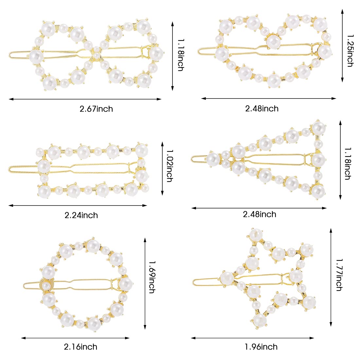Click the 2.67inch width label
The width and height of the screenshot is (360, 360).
click(96, 109)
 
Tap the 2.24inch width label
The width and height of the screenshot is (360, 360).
click(81, 215)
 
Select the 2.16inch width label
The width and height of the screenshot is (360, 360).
click(81, 347)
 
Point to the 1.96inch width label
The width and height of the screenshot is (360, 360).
click(261, 347)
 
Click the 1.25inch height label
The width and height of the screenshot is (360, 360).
click(350, 51)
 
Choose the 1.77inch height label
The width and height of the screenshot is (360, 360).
click(339, 275)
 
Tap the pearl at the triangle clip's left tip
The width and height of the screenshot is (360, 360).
click(213, 159)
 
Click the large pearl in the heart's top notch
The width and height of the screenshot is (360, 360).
click(274, 41)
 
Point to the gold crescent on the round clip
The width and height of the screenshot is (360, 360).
click(44, 284)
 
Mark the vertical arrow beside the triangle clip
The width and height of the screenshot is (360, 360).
click(340, 160)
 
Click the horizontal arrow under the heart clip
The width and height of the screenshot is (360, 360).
click(269, 98)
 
